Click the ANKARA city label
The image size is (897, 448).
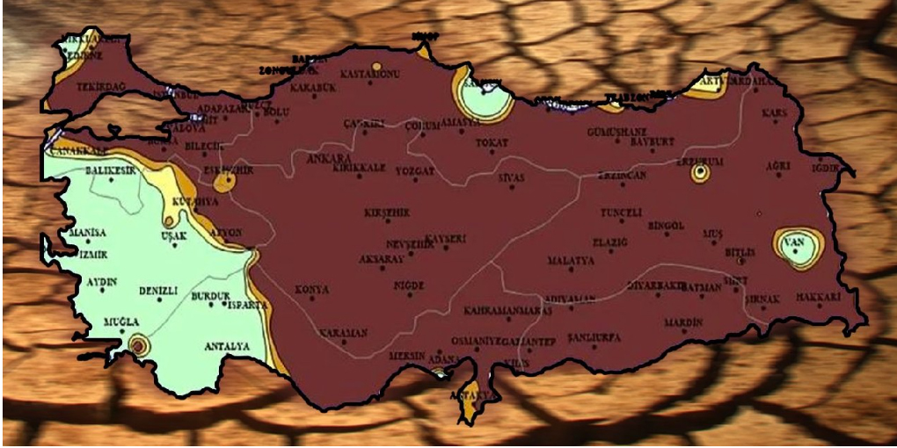click(x=329, y=158)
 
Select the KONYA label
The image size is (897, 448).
click(x=312, y=289)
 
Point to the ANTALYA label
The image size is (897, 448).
click(x=227, y=346)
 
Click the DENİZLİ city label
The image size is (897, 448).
click(x=158, y=291)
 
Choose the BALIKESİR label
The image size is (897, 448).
click(x=111, y=170)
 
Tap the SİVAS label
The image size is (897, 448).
click(x=511, y=177)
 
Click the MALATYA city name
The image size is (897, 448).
click(x=571, y=261)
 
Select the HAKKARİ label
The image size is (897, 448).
click(x=818, y=297)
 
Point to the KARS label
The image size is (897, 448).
click(x=774, y=113)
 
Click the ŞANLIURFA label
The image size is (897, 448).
click(x=594, y=337)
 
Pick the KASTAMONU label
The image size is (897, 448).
click(x=369, y=75)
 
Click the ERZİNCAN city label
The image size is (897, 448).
click(x=622, y=175)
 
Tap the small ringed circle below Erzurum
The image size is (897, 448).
click(x=700, y=173)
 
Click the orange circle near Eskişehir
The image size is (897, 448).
click(x=224, y=183)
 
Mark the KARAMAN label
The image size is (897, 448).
click(x=344, y=333)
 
